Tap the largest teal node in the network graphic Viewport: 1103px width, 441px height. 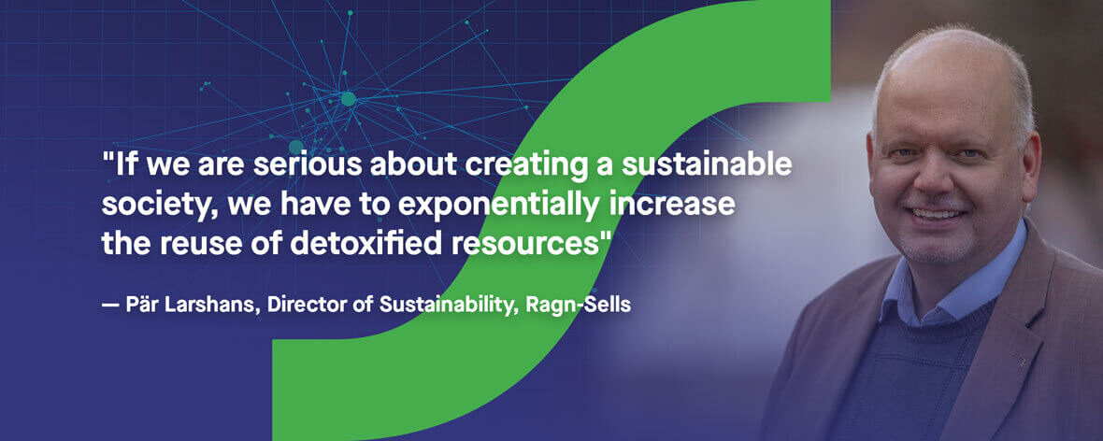coord(348,98)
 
